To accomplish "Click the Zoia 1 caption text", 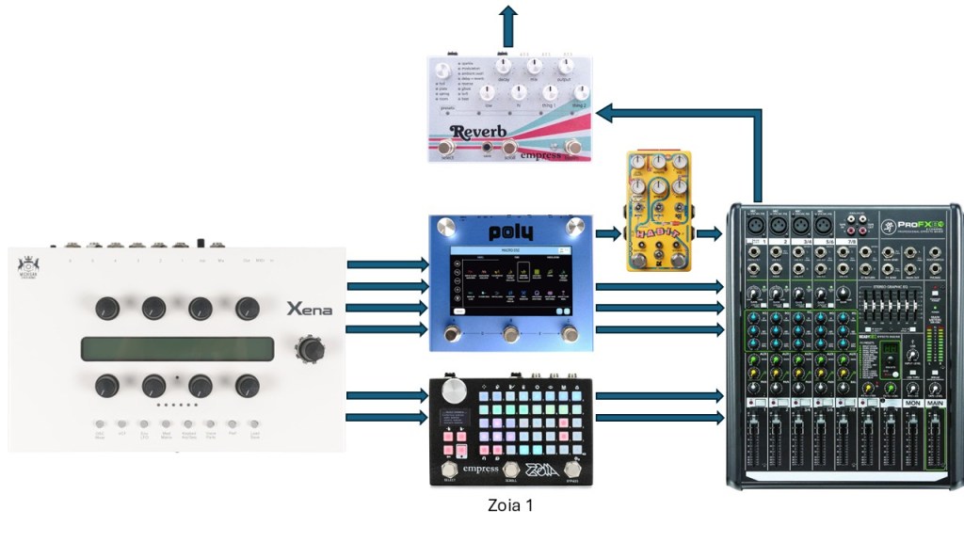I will click(510, 505).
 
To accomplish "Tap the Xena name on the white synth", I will click(310, 310).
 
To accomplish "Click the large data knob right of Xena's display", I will click(309, 349).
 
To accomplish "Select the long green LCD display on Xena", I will click(177, 349).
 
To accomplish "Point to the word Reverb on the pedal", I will click(478, 132).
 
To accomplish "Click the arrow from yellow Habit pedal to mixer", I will click(709, 233).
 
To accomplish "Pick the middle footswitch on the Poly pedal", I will click(511, 335).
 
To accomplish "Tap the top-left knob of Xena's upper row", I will click(107, 308).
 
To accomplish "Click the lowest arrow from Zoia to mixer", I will click(659, 417).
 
